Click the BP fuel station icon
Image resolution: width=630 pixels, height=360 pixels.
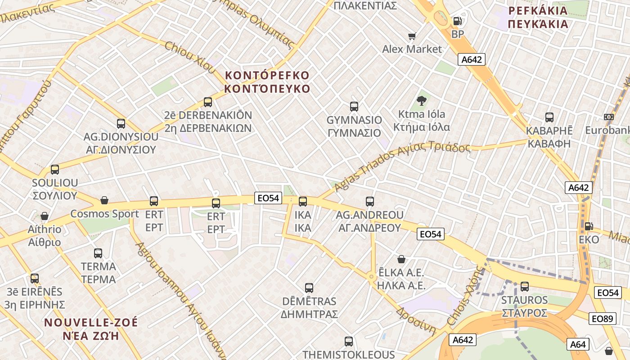point(457,21)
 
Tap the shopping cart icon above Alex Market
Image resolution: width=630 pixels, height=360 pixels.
point(412,36)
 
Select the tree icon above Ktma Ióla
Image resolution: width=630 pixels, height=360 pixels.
point(422,100)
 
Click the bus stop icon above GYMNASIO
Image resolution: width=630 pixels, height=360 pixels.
point(354,107)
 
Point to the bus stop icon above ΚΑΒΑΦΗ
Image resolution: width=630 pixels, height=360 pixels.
point(549,117)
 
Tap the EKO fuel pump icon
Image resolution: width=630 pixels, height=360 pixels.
point(588,226)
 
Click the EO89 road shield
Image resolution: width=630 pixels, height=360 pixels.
point(602,319)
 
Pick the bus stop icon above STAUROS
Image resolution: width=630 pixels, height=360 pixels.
point(524,286)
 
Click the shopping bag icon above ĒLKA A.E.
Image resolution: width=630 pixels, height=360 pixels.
point(401,259)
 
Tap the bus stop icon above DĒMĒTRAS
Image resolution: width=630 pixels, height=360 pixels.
point(309,288)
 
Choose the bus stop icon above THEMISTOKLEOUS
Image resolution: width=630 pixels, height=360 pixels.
point(348,341)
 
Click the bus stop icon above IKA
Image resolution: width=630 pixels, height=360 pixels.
point(303,201)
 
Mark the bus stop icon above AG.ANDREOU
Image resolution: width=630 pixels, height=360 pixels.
point(370,201)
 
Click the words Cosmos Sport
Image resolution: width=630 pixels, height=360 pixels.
point(105,214)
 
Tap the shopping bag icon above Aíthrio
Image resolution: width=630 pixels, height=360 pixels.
point(44,216)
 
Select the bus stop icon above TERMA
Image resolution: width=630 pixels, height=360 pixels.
point(98,253)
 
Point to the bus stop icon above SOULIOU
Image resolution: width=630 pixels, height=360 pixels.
point(55,170)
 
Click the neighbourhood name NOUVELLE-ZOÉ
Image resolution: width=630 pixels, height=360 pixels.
point(91,323)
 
